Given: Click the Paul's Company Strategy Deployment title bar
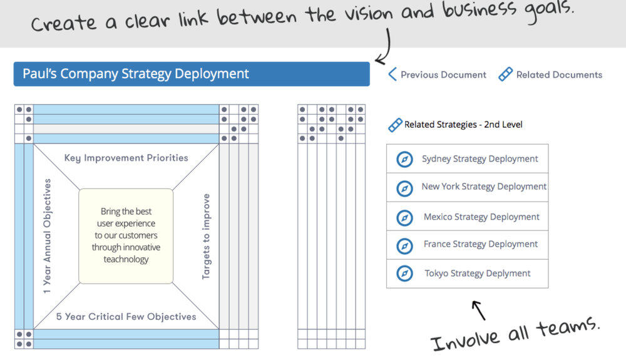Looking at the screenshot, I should (192, 74).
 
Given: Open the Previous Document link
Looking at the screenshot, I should (443, 75).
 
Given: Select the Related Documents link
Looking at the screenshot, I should (559, 75).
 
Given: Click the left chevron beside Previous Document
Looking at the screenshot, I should (393, 75).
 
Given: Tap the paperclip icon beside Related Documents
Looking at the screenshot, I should (505, 75).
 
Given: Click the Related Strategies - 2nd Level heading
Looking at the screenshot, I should (463, 125).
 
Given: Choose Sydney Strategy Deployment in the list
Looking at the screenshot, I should (480, 159).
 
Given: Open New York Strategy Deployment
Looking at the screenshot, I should (483, 187).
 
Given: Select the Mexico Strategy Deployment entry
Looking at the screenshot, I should (481, 217).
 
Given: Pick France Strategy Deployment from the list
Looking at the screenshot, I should (480, 244).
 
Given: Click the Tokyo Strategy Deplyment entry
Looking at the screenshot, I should (477, 274).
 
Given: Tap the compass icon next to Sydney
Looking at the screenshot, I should (405, 160).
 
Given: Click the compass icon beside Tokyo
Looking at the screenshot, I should (405, 274).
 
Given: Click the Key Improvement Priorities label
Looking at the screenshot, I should (126, 158).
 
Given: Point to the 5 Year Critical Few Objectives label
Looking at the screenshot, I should (126, 317).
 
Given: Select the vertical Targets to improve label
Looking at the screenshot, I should (206, 237).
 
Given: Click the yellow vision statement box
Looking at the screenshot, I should (126, 235).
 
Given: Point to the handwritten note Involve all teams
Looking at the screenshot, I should (515, 334).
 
